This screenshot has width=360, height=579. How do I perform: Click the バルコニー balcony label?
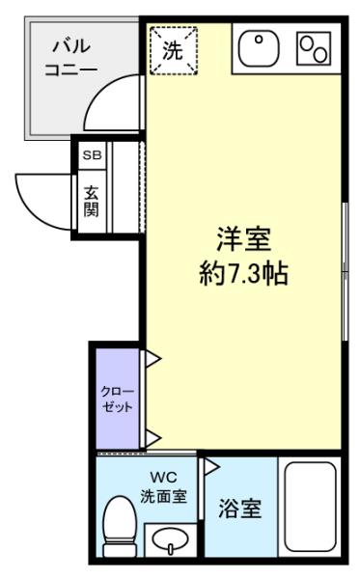pyautogui.click(x=70, y=58)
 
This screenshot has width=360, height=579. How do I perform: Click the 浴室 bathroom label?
pyautogui.click(x=239, y=509)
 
